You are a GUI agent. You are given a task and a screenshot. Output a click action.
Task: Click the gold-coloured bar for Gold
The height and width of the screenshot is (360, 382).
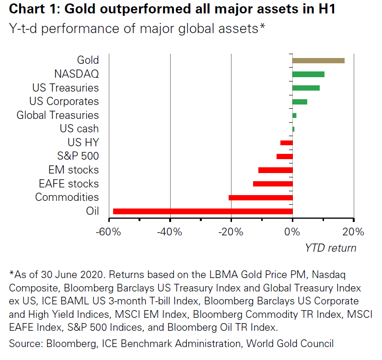pyautogui.click(x=318, y=60)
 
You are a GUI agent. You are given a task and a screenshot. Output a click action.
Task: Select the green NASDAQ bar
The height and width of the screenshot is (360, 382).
pyautogui.click(x=308, y=74)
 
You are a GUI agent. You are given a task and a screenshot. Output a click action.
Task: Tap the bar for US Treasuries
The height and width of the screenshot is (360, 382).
pyautogui.click(x=306, y=88)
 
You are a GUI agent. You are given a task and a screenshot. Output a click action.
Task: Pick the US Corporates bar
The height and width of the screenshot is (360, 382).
pyautogui.click(x=300, y=102)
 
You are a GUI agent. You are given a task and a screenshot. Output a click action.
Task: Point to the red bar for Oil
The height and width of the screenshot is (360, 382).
pyautogui.click(x=202, y=211)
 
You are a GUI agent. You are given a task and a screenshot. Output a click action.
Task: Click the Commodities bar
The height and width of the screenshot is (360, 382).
pyautogui.click(x=260, y=197)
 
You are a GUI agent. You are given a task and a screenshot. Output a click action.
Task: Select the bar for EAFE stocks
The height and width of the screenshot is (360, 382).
pyautogui.click(x=273, y=184)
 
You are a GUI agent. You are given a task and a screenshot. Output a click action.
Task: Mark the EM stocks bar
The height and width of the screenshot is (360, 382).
pyautogui.click(x=275, y=170)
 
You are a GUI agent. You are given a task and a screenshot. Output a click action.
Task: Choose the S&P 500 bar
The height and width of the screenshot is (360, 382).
pyautogui.click(x=284, y=156)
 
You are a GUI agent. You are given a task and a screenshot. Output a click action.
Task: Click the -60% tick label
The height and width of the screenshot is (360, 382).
pyautogui.click(x=108, y=232)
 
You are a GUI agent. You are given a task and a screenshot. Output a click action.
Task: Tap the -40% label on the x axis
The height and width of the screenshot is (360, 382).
pyautogui.click(x=170, y=232)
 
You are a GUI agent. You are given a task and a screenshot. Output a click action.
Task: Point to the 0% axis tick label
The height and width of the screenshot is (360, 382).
pyautogui.click(x=292, y=232)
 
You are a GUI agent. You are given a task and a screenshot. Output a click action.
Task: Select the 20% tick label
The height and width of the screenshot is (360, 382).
pyautogui.click(x=354, y=232)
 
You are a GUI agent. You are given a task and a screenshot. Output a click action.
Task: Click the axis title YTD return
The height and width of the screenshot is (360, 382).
pyautogui.click(x=331, y=248)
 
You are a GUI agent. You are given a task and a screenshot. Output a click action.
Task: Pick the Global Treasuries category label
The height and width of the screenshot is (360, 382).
pyautogui.click(x=58, y=116)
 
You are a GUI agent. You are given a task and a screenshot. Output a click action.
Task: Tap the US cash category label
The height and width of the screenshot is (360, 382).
pyautogui.click(x=79, y=129)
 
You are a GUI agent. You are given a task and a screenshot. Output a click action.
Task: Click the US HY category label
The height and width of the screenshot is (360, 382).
pyautogui.click(x=83, y=142)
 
